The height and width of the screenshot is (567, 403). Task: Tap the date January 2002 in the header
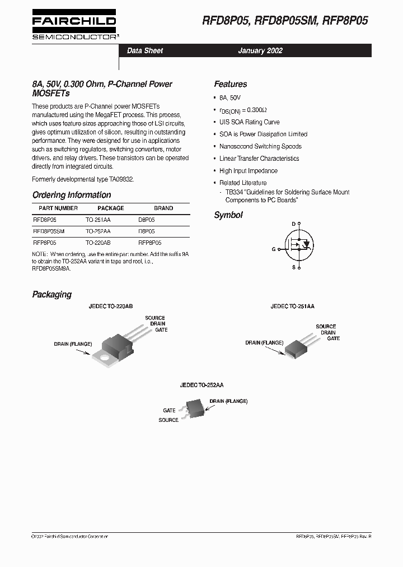coord(260,50)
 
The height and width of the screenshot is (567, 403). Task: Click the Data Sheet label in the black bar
coord(145,50)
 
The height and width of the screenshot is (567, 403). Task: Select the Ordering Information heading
coord(72,195)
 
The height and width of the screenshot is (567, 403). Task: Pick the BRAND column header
coord(163,208)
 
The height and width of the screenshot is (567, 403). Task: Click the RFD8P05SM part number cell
coord(49,231)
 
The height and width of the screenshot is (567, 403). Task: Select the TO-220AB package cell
coord(98,243)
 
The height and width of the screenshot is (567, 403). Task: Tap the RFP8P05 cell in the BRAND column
coord(149,243)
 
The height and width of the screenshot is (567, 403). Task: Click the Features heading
coord(230,84)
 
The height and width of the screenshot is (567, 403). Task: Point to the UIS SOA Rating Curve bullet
coord(249,122)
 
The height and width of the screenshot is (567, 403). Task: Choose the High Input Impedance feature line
coord(248,171)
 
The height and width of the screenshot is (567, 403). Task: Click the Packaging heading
coord(52,294)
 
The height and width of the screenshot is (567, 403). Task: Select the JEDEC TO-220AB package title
coord(110,306)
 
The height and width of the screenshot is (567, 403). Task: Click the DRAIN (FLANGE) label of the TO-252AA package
coord(228,401)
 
